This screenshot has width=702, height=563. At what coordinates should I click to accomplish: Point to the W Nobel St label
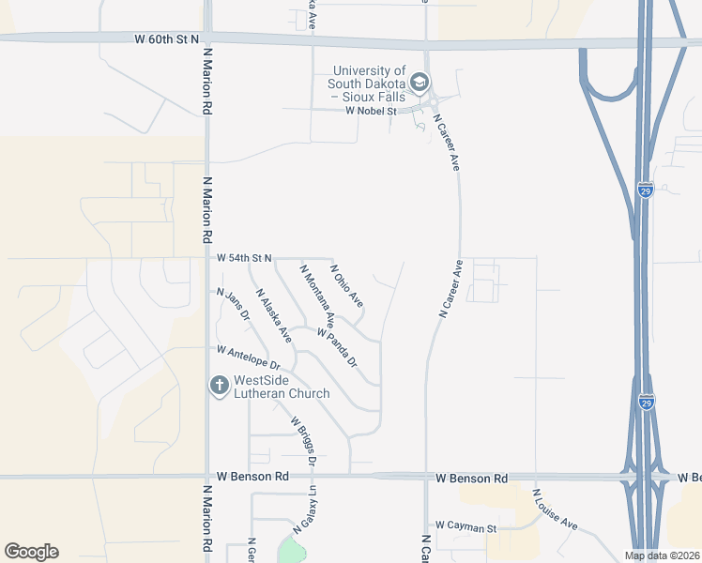(372, 111)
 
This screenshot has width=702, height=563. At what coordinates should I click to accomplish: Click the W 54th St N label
(244, 257)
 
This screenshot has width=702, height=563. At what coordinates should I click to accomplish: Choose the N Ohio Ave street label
(346, 285)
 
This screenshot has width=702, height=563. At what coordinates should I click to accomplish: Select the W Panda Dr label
(337, 347)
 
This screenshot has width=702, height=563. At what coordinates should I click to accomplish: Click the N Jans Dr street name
(233, 305)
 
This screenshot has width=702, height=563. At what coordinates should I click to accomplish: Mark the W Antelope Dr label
(249, 357)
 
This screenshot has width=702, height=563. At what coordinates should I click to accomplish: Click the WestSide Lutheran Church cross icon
(219, 385)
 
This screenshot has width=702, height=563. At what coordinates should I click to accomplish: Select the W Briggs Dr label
(303, 440)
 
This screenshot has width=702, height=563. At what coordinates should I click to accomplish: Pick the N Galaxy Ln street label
(305, 510)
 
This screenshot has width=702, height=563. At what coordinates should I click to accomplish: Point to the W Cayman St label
(465, 528)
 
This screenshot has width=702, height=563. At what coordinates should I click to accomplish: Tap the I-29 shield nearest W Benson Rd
(646, 402)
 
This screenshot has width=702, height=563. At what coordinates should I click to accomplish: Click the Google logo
(31, 552)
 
